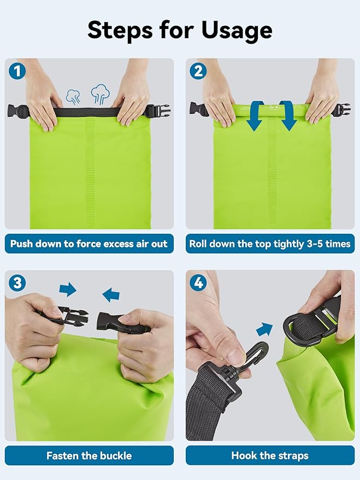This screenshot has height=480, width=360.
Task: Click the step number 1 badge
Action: (x=17, y=70)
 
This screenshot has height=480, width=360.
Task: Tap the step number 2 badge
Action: (x=197, y=70)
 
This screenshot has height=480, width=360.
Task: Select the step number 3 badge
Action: (x=17, y=282)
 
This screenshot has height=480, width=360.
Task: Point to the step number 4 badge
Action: (x=197, y=282)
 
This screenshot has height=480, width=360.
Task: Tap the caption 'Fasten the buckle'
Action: (x=89, y=455)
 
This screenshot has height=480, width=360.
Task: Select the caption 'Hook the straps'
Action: (x=269, y=455)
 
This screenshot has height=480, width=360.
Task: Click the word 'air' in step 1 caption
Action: (x=137, y=244)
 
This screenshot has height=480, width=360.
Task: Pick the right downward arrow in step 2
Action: (x=287, y=116)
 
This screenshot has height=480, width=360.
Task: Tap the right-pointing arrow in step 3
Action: (x=68, y=289)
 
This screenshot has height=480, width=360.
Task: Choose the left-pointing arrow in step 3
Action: (x=111, y=295)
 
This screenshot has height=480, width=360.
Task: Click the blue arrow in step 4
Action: (x=264, y=329)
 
